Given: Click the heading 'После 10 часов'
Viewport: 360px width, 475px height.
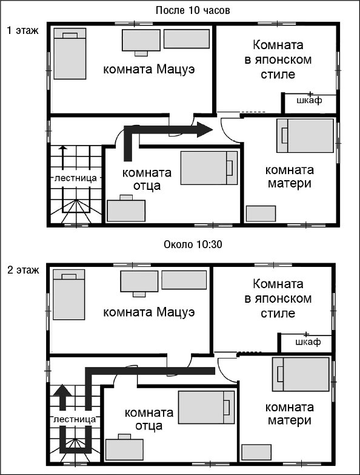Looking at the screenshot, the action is pyautogui.click(x=193, y=10).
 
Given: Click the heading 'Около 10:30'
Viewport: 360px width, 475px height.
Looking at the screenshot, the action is pyautogui.click(x=193, y=244).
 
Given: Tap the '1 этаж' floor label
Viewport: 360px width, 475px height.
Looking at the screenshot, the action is pyautogui.click(x=23, y=30).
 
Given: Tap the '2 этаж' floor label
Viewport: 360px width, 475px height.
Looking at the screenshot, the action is pyautogui.click(x=23, y=269).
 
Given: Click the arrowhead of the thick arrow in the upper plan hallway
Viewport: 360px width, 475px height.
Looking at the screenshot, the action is pyautogui.click(x=205, y=130).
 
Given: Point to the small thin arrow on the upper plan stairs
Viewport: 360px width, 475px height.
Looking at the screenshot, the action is pyautogui.click(x=62, y=158).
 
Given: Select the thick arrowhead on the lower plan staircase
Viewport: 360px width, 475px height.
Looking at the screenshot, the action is pyautogui.click(x=62, y=391).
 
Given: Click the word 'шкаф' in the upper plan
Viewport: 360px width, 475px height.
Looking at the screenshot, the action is pyautogui.click(x=309, y=100).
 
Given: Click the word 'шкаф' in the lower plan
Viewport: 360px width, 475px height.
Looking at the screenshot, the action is pyautogui.click(x=308, y=342).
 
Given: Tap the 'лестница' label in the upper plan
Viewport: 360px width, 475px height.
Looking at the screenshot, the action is pyautogui.click(x=76, y=178).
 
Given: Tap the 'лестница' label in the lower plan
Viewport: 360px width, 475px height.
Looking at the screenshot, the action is pyautogui.click(x=75, y=419).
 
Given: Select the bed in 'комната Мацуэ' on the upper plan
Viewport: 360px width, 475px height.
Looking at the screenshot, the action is pyautogui.click(x=70, y=53).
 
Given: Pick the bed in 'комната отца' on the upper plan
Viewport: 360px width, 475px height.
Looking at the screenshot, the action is pyautogui.click(x=209, y=168).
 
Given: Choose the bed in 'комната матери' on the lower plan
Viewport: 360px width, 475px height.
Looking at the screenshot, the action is pyautogui.click(x=301, y=374).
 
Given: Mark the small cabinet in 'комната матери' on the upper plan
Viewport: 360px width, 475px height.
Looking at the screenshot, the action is pyautogui.click(x=261, y=214).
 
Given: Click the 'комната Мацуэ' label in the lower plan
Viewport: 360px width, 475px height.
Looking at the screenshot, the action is pyautogui.click(x=149, y=312).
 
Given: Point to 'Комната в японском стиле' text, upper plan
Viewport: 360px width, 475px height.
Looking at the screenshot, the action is pyautogui.click(x=278, y=59).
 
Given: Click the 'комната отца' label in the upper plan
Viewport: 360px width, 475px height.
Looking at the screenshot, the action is pyautogui.click(x=147, y=179).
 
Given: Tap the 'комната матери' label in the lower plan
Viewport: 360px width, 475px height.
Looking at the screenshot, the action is pyautogui.click(x=290, y=414).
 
